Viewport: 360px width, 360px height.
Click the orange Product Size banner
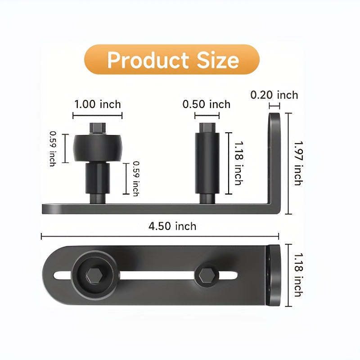172,59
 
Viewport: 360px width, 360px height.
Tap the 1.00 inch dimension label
98,104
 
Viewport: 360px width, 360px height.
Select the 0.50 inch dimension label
207,104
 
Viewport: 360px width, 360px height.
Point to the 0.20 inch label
274,95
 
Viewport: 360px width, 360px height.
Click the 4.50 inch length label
172,226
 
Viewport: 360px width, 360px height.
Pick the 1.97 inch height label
298,163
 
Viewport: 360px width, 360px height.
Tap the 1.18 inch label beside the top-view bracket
298,275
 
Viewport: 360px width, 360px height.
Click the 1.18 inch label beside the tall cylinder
238,163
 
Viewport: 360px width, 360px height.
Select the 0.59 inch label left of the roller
53,148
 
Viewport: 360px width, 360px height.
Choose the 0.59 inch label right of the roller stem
136,179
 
